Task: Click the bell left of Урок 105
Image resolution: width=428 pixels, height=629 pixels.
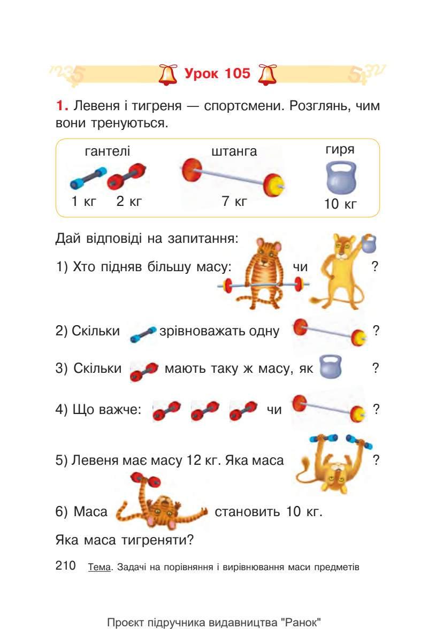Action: click(x=169, y=74)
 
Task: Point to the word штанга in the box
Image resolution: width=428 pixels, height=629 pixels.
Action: click(x=234, y=151)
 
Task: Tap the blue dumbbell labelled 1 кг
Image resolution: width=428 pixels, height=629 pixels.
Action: click(x=88, y=178)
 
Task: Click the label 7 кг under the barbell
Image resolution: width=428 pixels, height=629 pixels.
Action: click(x=234, y=202)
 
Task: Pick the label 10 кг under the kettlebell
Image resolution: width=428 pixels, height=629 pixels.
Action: click(x=340, y=204)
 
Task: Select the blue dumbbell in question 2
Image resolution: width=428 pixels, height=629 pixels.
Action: click(x=143, y=333)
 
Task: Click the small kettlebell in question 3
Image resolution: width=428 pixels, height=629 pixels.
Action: click(x=330, y=367)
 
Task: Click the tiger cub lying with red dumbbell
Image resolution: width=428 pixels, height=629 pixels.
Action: click(x=160, y=505)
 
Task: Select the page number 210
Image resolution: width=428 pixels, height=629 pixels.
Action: click(x=66, y=566)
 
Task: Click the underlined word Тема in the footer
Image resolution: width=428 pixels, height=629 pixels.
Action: click(x=99, y=567)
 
